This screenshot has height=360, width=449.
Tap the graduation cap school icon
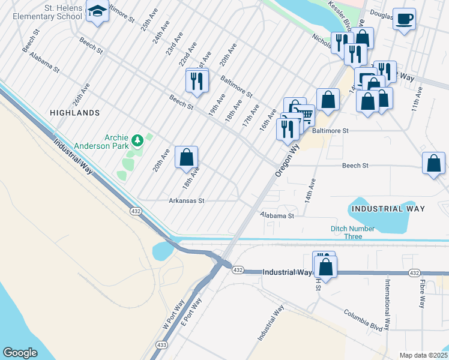(97, 11)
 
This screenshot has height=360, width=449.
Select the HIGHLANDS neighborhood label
(75, 112)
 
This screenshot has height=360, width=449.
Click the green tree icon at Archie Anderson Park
(138, 140)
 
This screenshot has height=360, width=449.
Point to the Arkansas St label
(187, 201)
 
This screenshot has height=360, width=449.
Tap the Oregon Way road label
(287, 158)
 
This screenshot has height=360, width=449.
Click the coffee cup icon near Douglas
(405, 19)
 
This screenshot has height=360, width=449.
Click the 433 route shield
(161, 345)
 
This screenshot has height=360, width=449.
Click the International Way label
(388, 304)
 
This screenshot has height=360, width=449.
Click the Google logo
(20, 352)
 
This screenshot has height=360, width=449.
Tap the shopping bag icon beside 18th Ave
(187, 157)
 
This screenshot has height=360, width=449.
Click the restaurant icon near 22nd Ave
(197, 80)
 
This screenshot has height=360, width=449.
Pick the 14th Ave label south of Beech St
(310, 188)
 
